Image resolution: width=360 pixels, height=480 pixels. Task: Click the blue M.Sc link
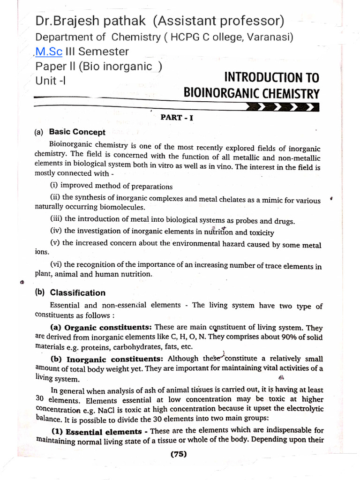click(47, 52)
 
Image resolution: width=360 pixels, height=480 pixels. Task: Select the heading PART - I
click(177, 118)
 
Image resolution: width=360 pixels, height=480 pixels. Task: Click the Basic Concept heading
click(77, 132)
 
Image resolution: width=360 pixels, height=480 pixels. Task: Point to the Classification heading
click(77, 292)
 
